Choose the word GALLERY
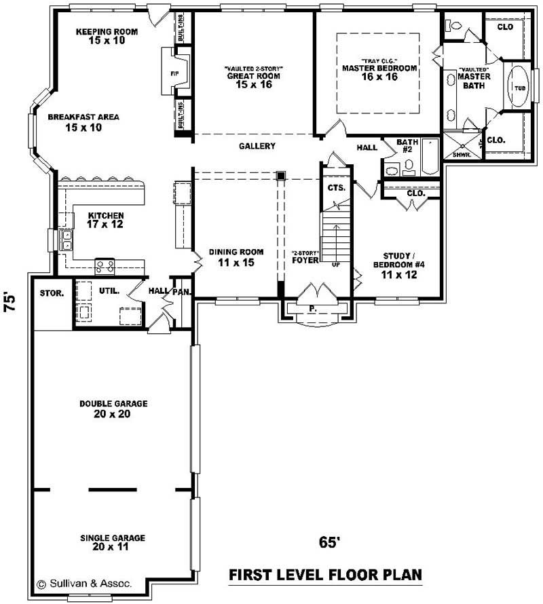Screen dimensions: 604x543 (x=257, y=147)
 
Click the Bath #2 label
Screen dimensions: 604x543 (x=407, y=145)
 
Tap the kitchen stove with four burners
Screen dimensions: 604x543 (x=105, y=267)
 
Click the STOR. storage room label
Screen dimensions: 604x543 (x=52, y=294)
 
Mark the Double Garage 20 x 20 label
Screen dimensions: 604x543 (x=113, y=409)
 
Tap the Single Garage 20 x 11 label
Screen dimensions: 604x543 (x=113, y=542)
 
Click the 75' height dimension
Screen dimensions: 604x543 (x=11, y=301)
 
